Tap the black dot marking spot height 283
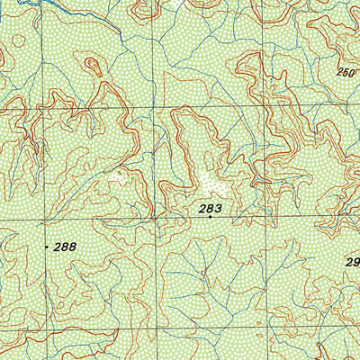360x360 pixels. [210, 217]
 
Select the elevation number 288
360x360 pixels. [65, 246]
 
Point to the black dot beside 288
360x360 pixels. [47, 246]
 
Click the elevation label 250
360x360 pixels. [347, 72]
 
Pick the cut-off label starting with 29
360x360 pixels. [353, 262]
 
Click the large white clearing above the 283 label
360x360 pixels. [212, 184]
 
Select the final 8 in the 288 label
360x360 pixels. [72, 246]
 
